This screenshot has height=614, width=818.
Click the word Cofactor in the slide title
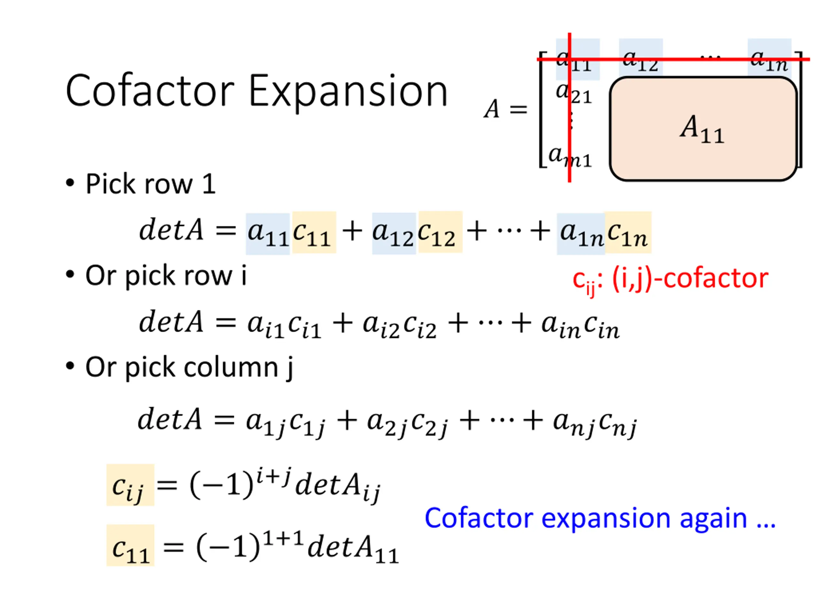click(x=150, y=91)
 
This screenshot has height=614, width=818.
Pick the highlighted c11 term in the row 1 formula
click(x=313, y=233)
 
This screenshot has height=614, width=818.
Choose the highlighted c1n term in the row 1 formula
click(x=628, y=233)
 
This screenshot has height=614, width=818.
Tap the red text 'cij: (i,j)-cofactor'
click(x=670, y=279)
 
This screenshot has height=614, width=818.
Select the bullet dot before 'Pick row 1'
click(x=70, y=183)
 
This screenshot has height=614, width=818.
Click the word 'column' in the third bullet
click(x=231, y=367)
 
